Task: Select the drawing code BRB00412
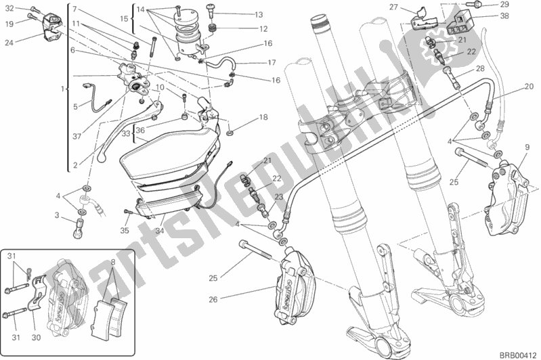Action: tap(519, 354)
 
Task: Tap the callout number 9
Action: tap(526, 147)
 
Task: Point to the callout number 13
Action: tap(240, 14)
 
